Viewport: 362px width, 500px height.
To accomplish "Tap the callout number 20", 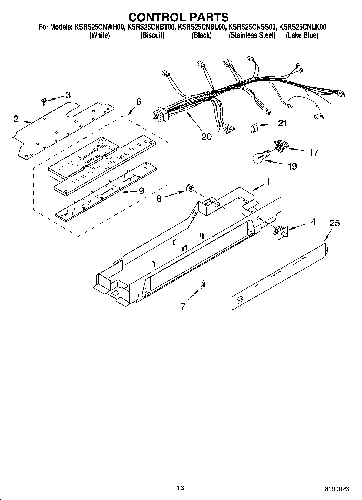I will coord(207,137).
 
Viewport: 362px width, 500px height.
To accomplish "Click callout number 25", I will coord(334,223).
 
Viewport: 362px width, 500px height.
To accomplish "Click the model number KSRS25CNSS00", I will coord(253,27).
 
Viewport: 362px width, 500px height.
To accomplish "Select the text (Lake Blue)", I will coord(302,35).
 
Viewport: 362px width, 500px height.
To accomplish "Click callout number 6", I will coord(138,102).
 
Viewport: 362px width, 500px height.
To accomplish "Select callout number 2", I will coord(16,119).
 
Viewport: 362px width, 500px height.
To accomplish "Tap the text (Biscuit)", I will coord(152,35).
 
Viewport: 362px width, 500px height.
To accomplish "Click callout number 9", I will coord(141,191).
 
